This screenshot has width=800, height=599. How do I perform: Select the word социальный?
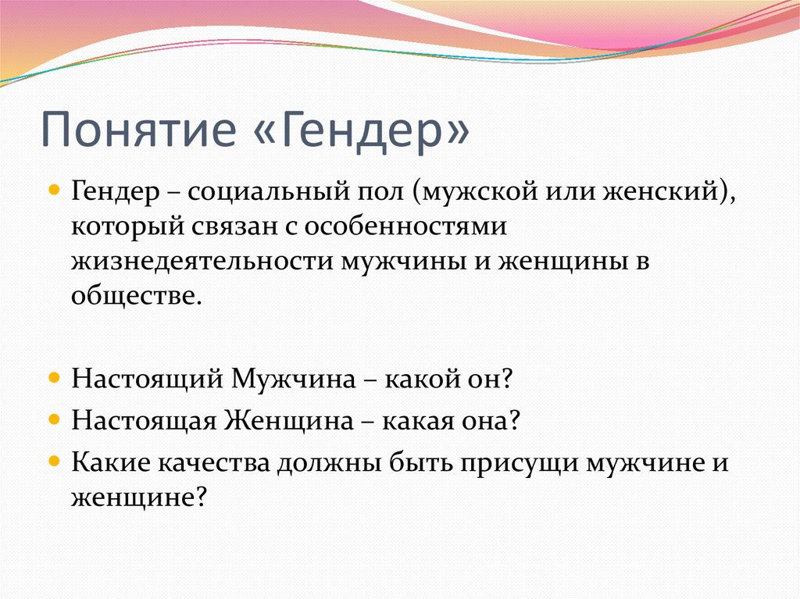tap(270, 192)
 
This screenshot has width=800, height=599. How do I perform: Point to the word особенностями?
tap(405, 226)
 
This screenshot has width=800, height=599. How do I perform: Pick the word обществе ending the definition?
tap(137, 295)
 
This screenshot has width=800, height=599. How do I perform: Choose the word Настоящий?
tap(148, 380)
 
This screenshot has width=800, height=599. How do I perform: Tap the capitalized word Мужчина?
tap(294, 379)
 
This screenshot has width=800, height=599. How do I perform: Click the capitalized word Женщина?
tap(289, 420)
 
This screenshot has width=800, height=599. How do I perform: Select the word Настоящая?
tap(145, 422)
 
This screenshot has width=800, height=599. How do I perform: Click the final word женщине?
tap(138, 497)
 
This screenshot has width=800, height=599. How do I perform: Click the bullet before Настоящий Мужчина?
tap(54, 378)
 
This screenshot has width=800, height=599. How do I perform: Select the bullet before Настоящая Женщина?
tap(54, 420)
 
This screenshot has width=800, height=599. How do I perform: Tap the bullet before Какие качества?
tap(54, 462)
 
